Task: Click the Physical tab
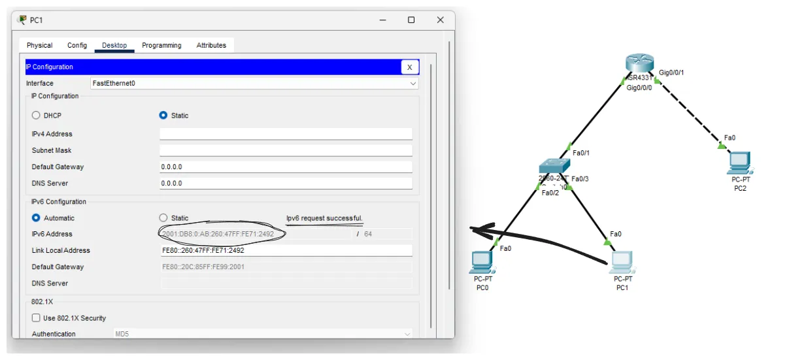[39, 45]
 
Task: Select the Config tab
[77, 45]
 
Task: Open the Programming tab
[161, 45]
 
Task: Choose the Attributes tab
[211, 45]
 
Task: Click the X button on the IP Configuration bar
[409, 67]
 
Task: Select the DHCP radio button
[36, 116]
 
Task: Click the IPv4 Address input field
[286, 134]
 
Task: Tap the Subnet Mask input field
[286, 150]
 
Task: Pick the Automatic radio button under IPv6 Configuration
[36, 218]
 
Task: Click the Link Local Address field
[286, 250]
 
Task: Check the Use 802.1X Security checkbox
[36, 318]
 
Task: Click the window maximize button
[411, 20]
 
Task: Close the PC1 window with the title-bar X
[441, 20]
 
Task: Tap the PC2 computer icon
[739, 162]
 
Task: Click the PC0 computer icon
[482, 262]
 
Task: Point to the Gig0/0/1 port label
[671, 73]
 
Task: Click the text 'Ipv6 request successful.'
[324, 218]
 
